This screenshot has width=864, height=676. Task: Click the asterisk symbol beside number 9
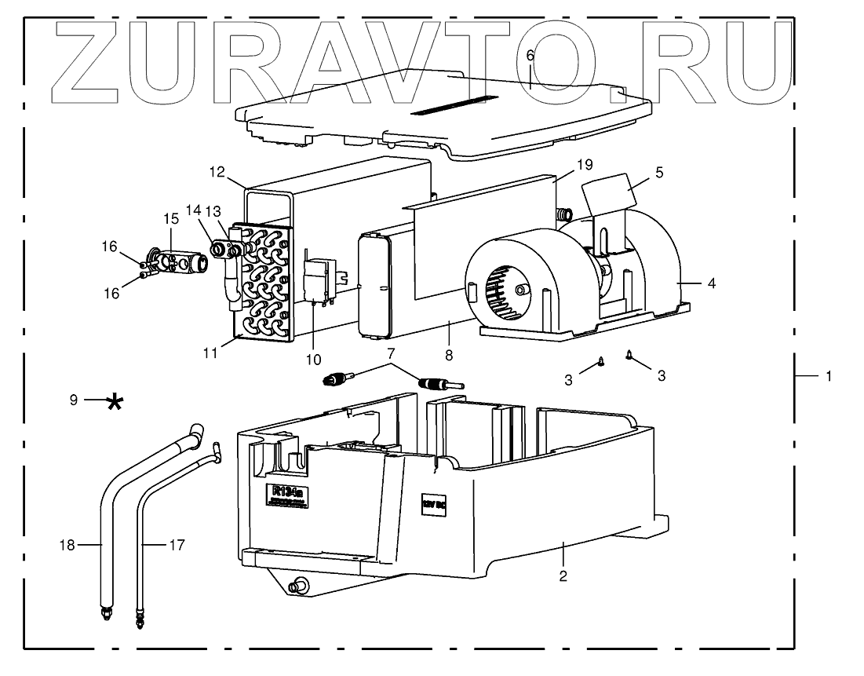(115, 402)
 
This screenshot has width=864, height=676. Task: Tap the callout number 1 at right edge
(828, 377)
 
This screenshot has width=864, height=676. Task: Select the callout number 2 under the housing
(563, 576)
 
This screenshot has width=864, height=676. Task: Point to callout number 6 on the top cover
(530, 56)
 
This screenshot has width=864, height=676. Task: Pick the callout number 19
(584, 165)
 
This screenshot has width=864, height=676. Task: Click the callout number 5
(659, 173)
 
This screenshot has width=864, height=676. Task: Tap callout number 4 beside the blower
(711, 283)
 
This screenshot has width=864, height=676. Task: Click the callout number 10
(313, 360)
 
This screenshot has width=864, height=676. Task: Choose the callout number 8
(448, 355)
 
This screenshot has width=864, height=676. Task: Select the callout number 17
(179, 543)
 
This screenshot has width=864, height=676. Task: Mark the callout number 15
(171, 218)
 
